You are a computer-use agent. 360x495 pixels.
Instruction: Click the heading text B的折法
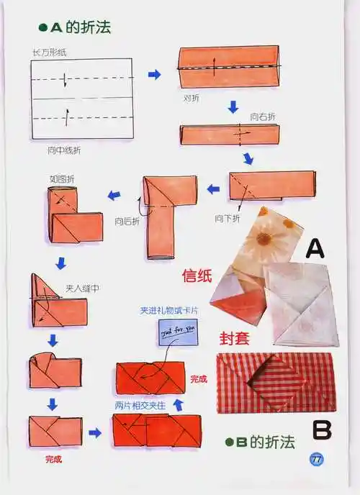[x=265, y=442]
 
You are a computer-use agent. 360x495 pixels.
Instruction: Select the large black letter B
[x=321, y=430]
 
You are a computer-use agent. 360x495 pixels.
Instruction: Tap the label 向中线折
[x=65, y=149]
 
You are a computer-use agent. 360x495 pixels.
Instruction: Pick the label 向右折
[x=263, y=117]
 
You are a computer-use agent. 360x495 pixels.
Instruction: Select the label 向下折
[x=227, y=217]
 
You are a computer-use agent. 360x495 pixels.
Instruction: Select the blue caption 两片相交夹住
[x=140, y=406]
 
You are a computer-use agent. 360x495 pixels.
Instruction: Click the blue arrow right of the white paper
[x=154, y=74]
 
